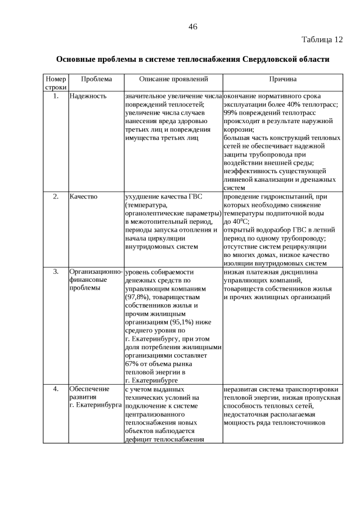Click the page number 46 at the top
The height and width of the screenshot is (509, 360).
(x=192, y=26)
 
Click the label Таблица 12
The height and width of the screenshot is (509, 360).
(x=322, y=40)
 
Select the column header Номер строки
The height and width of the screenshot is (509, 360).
(x=56, y=84)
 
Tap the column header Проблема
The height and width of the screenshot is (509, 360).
(x=96, y=80)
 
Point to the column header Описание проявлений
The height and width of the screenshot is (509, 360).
(x=173, y=80)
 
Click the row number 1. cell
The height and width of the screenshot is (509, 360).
(x=56, y=96)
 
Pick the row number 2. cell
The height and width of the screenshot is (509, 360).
(x=56, y=197)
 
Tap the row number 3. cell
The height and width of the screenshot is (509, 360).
(x=56, y=272)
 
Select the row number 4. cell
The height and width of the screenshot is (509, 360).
(x=56, y=389)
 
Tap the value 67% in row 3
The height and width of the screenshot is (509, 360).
(x=132, y=363)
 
